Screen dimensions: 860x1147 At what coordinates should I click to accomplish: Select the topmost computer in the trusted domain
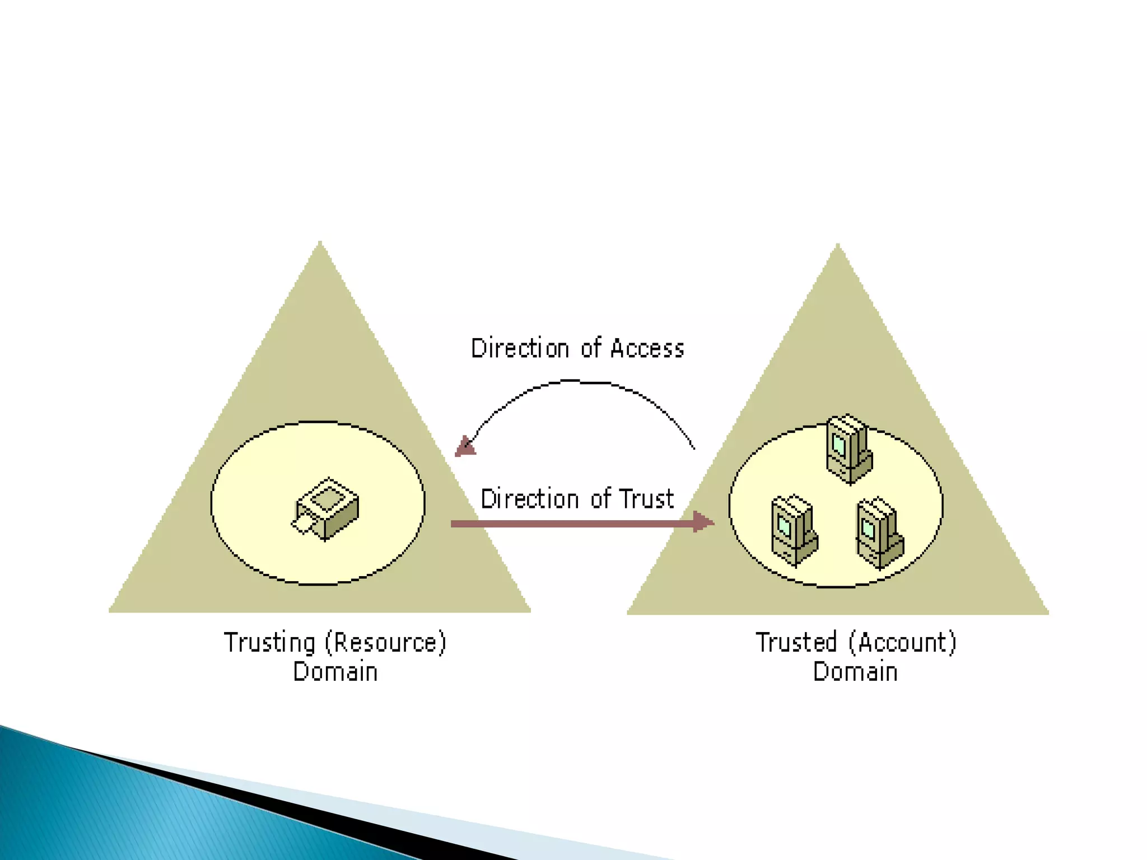coord(849,448)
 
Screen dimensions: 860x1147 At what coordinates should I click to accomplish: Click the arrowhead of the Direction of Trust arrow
coord(703,522)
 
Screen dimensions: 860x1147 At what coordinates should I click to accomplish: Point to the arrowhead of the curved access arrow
coord(465,447)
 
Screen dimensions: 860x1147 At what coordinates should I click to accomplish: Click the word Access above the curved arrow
coord(647,348)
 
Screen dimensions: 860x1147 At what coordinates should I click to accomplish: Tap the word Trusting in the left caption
coord(269,643)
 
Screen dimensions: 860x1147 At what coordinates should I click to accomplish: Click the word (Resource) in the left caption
coord(386,643)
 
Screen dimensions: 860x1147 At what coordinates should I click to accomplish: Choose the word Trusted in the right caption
coord(796,643)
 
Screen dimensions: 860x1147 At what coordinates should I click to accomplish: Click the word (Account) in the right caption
coord(902,643)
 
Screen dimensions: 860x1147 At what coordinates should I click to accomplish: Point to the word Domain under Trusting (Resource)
coord(335,672)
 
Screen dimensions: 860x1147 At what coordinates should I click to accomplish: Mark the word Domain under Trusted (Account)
coord(855,672)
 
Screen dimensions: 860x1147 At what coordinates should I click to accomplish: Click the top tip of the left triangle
coord(320,244)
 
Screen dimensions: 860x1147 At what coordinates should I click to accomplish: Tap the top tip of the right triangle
coord(838,246)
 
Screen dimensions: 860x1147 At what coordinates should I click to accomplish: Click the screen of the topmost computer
coord(838,445)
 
